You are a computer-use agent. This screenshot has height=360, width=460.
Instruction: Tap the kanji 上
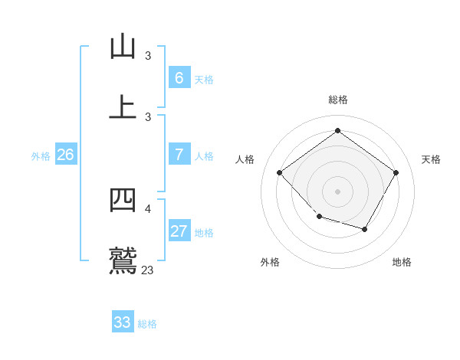[x=123, y=106]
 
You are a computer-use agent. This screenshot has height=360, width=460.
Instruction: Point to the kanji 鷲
[x=123, y=260]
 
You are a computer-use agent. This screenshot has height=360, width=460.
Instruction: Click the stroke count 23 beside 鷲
[x=148, y=270]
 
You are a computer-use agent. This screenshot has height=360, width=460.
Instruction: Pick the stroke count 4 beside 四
[x=148, y=208]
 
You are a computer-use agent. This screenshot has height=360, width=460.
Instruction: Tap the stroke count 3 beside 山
[x=148, y=55]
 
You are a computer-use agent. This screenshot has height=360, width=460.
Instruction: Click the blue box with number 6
[x=179, y=77]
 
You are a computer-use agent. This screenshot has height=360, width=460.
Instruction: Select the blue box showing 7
[x=179, y=155]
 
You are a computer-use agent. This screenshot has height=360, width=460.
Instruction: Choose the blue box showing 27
[x=179, y=231]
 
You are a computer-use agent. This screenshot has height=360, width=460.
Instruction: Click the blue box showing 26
[x=65, y=155]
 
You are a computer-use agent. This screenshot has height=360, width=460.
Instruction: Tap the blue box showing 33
[x=123, y=322]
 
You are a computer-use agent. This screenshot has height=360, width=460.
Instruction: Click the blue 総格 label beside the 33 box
[x=147, y=324]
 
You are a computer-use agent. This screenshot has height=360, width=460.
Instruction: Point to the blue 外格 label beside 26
[x=41, y=156]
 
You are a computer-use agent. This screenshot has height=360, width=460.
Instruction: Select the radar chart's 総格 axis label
[x=337, y=100]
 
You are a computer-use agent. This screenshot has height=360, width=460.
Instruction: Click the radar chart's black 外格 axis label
[x=270, y=262]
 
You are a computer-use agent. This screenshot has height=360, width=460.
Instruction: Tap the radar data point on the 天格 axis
[x=396, y=172]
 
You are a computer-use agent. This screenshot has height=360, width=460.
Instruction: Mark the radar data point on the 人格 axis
[x=280, y=172]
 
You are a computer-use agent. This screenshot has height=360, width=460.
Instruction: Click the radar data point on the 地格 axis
[x=365, y=229]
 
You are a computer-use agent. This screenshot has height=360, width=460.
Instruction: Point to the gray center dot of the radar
[x=337, y=191]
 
